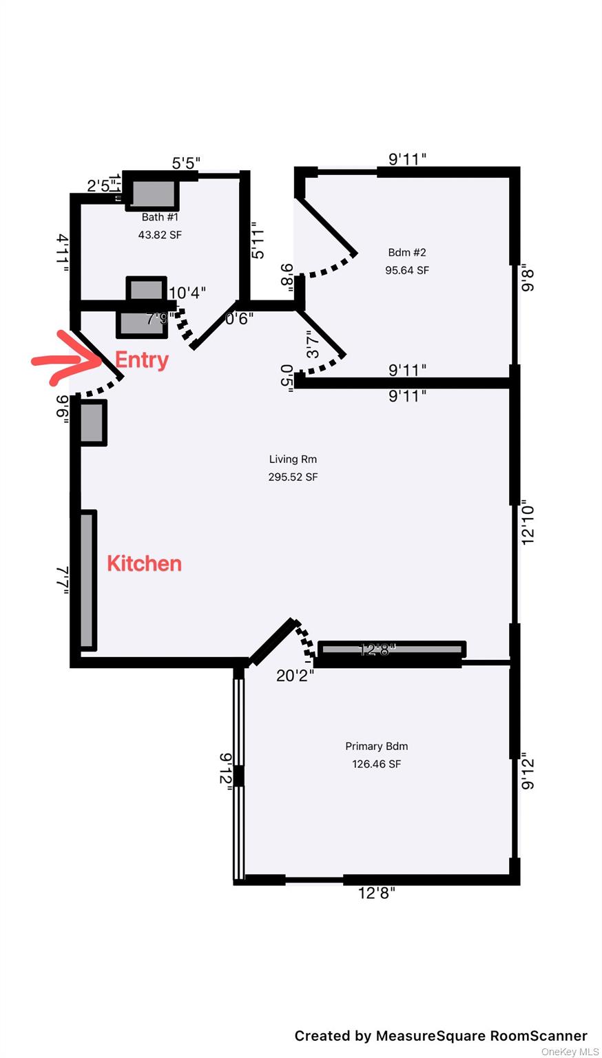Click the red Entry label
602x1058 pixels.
coord(141,360)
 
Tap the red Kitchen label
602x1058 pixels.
coord(144,563)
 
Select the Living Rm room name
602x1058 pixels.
coord(293,459)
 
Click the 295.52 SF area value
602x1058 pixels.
coord(293,477)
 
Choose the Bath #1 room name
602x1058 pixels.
coord(160,217)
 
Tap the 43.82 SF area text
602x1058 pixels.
coord(160,235)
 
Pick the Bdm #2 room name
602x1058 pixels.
coord(406,252)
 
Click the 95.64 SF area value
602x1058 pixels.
coord(406,270)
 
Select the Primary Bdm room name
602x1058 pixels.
coord(376,746)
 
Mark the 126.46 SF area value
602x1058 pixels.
coord(376,764)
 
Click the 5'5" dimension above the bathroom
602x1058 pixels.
coord(186,163)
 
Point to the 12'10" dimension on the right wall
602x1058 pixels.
coord(528,522)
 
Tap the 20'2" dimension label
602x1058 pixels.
coord(295,676)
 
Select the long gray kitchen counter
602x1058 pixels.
coord(87,580)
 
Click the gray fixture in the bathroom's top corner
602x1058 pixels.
coord(152,194)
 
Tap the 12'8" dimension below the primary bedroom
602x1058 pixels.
coord(377,893)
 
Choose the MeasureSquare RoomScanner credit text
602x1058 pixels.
coord(441,1036)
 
